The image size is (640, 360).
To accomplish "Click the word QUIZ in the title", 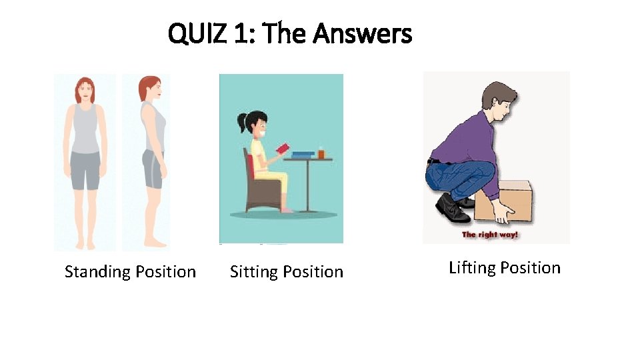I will pos(198,33).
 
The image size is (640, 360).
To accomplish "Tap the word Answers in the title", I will pos(363,33).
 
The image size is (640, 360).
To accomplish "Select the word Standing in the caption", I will pos(97,272).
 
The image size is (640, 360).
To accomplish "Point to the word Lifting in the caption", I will pos(472,268).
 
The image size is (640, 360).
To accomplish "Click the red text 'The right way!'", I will pos(490,235).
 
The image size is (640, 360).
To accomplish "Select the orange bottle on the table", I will pos(321,153).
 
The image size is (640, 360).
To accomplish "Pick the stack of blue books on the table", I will pos(303,155).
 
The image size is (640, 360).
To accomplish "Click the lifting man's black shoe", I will pos(452,211).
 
